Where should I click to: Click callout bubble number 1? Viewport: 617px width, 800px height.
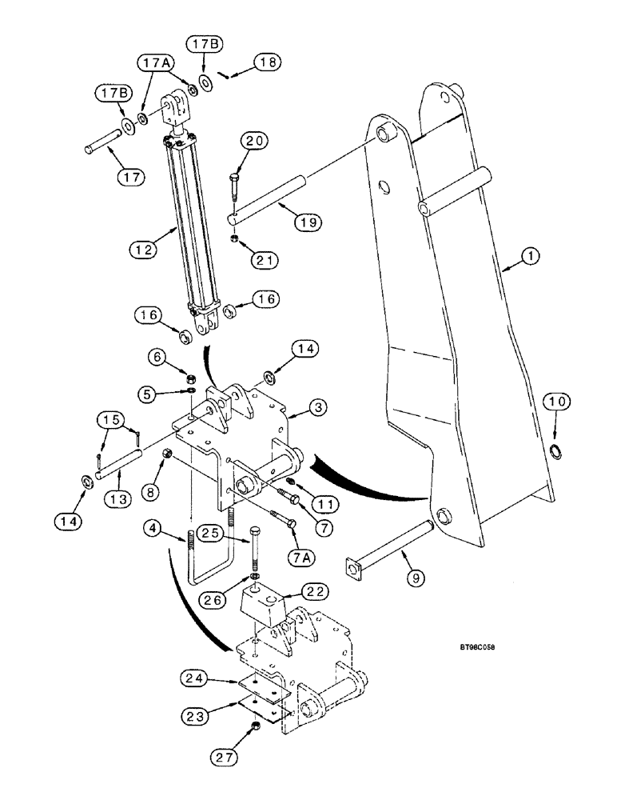[x=531, y=256]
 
